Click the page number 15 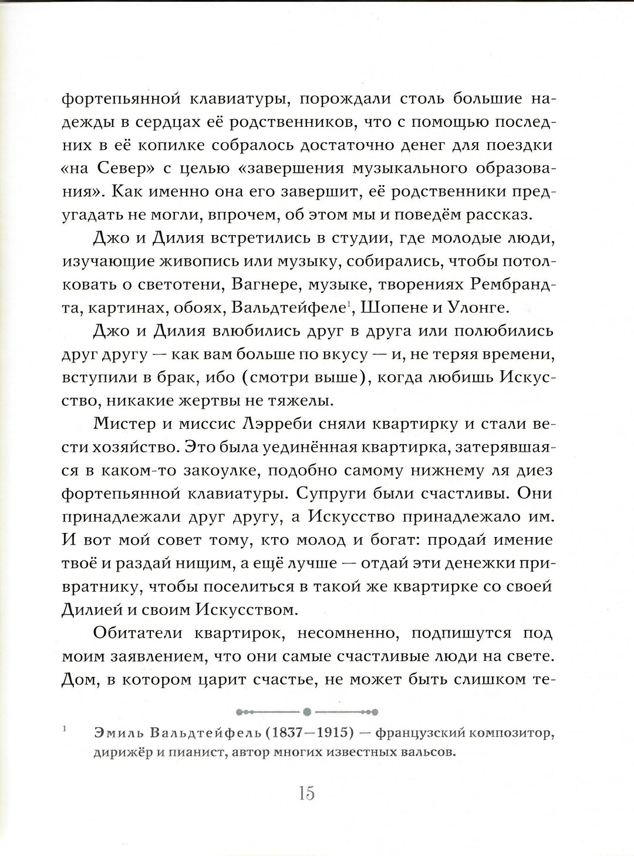coord(307,793)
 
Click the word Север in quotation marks coord(128,169)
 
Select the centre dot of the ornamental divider coord(307,712)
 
